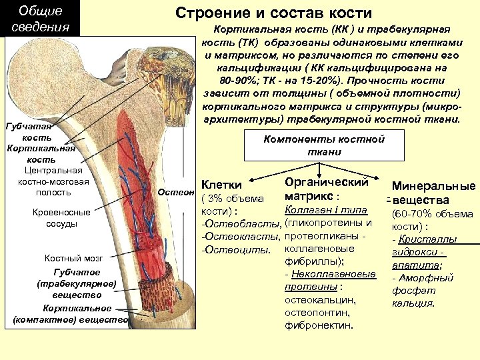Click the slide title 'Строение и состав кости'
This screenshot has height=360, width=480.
(x=274, y=13)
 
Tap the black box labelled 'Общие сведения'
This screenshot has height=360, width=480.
(x=41, y=19)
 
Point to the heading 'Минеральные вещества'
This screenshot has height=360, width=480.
(x=433, y=193)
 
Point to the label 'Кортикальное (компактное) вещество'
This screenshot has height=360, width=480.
(x=70, y=314)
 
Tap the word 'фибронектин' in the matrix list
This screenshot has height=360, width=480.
(x=319, y=325)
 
